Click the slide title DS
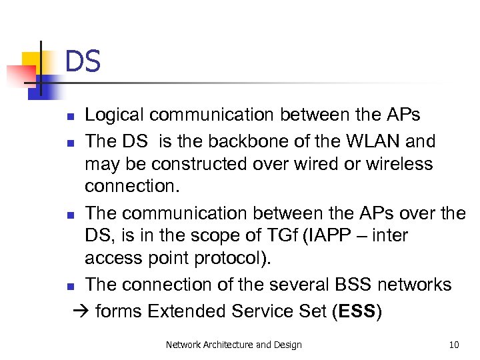click(x=83, y=62)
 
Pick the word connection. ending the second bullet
click(x=132, y=187)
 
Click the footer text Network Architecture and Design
click(x=233, y=345)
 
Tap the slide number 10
click(x=454, y=345)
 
